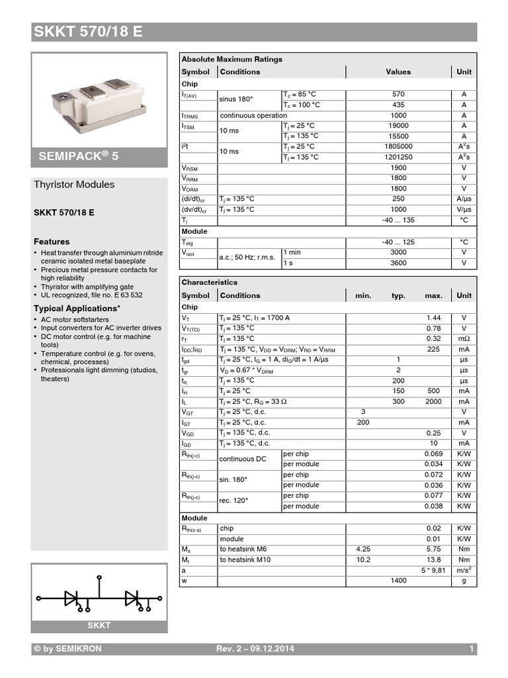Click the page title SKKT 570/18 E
(x=87, y=32)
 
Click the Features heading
(x=52, y=242)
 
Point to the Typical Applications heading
(x=77, y=309)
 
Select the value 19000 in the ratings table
(x=398, y=126)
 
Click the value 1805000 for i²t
(x=398, y=146)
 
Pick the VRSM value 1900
(x=398, y=168)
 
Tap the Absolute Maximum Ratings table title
(x=232, y=60)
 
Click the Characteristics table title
(x=209, y=282)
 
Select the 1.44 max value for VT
(x=433, y=318)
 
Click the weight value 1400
(x=398, y=581)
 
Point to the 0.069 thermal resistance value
(x=433, y=454)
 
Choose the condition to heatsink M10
(x=245, y=559)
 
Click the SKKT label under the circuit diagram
(x=99, y=626)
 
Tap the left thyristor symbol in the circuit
(x=72, y=599)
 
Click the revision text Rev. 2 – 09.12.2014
(x=255, y=649)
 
